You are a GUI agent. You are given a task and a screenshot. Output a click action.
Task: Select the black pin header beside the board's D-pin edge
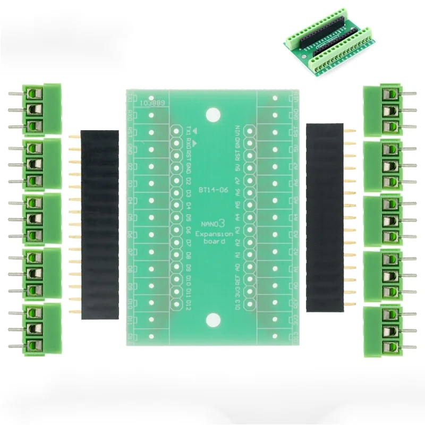click(99, 224)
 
